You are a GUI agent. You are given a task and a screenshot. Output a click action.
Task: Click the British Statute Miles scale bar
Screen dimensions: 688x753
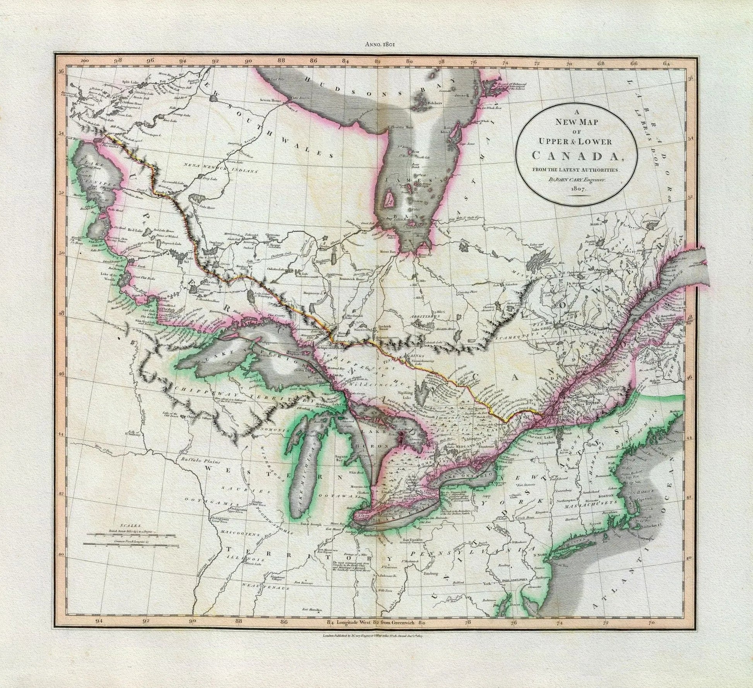coord(132,535)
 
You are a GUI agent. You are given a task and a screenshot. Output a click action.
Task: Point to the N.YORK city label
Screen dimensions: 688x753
coord(541,555)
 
